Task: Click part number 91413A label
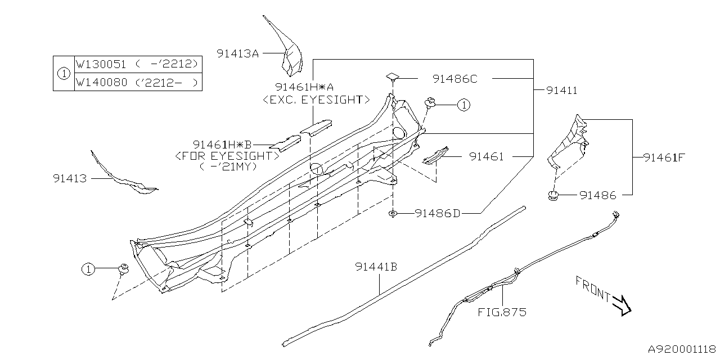237,53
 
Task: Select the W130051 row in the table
138,64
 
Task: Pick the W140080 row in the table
138,82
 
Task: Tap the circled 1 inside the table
64,73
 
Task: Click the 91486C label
454,79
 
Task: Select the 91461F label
664,157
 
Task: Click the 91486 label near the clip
598,195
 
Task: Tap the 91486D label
438,213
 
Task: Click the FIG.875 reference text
502,312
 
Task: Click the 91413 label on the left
70,178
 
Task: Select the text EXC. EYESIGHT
316,100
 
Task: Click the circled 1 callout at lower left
88,270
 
